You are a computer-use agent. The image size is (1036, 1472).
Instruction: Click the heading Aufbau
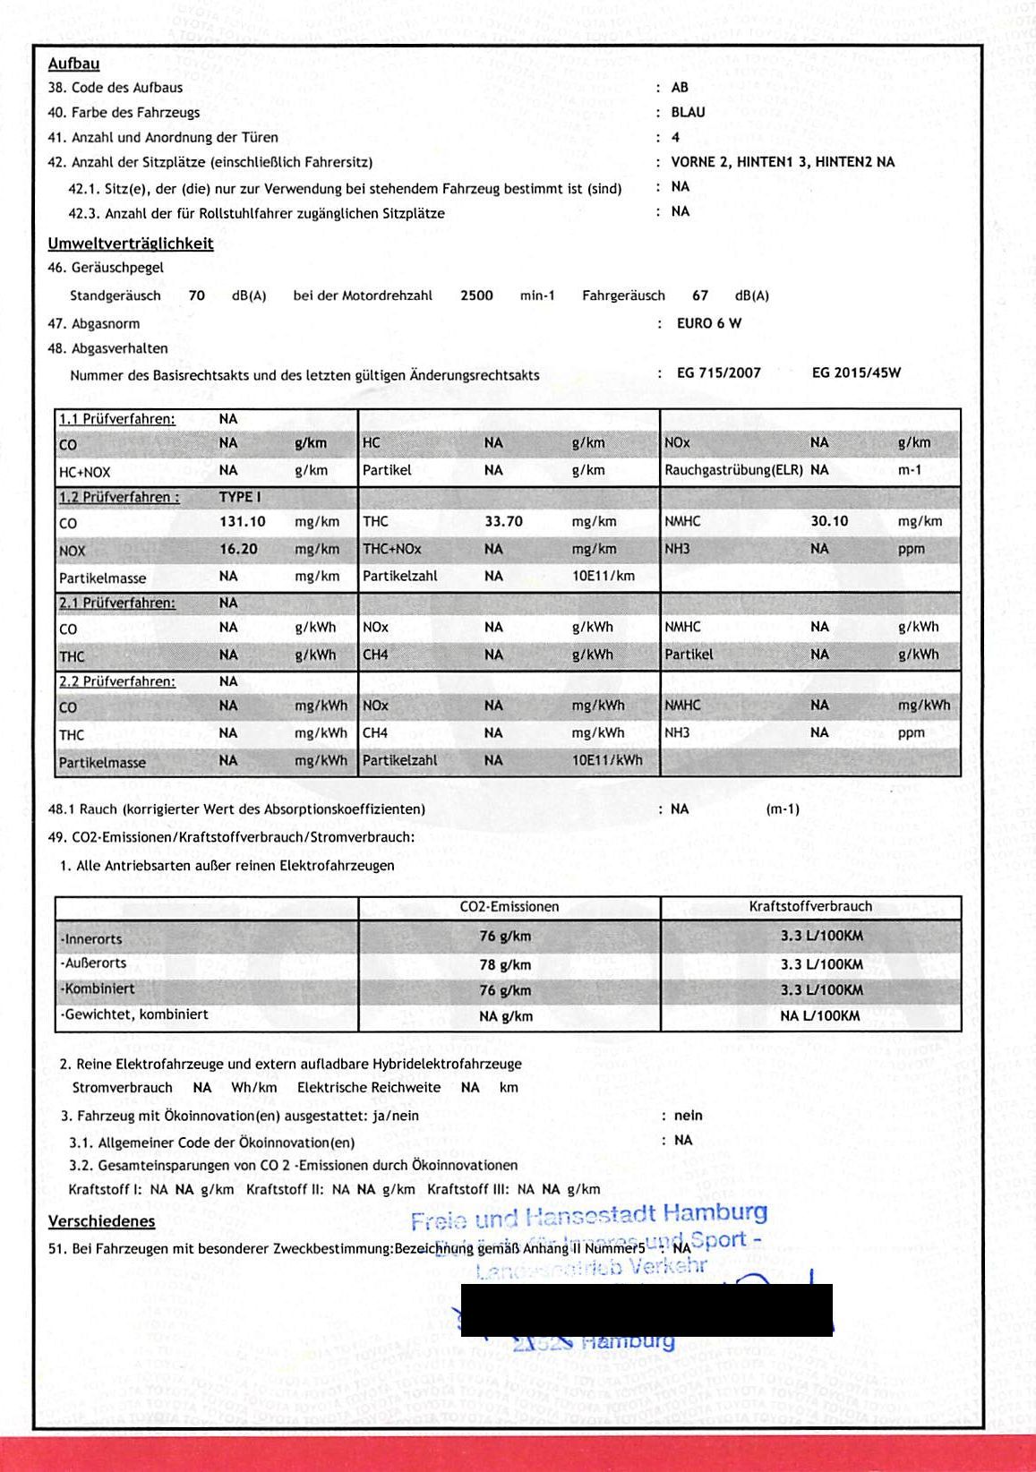point(73,64)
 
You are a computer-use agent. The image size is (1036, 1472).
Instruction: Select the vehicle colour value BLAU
point(688,112)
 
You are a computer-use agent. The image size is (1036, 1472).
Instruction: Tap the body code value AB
point(680,87)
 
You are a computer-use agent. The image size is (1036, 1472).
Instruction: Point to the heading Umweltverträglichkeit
point(130,244)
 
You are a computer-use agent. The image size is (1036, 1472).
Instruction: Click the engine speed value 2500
point(476,295)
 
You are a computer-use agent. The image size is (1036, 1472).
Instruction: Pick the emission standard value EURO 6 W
point(709,323)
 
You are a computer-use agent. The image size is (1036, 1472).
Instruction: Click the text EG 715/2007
point(718,372)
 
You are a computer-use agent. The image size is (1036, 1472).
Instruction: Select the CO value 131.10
point(242,522)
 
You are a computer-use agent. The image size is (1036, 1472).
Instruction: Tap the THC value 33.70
point(503,521)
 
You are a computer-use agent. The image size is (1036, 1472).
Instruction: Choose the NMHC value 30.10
point(829,521)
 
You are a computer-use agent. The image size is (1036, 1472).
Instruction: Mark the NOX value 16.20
point(238,549)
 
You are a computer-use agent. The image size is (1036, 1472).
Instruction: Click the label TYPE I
point(240,497)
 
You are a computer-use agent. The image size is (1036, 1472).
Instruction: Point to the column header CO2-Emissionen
point(509,906)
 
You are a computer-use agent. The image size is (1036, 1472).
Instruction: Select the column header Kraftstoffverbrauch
point(810,906)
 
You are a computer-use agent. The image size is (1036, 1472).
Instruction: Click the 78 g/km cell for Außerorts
point(505,964)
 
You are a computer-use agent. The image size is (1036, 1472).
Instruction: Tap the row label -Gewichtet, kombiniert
point(133,1014)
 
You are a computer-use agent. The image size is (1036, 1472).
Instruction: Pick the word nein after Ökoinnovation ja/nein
point(688,1116)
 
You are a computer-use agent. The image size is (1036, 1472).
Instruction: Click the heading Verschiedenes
point(101,1221)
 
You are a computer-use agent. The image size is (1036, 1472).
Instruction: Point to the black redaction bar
point(646,1310)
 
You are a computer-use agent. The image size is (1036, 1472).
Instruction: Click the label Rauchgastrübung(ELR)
point(733,470)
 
